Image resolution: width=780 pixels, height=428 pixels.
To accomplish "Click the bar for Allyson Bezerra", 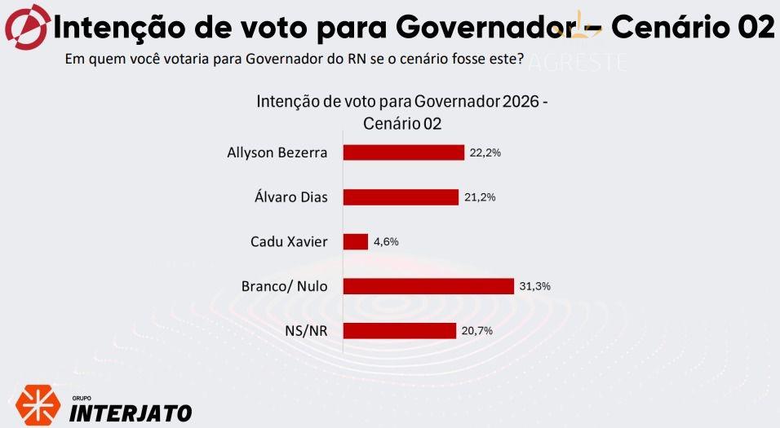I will coord(403,152).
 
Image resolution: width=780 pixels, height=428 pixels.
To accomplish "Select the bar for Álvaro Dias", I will coord(401,197).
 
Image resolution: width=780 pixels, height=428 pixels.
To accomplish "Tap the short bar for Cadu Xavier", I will coord(356,241).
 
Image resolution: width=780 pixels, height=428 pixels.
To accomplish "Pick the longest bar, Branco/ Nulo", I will coord(428,286).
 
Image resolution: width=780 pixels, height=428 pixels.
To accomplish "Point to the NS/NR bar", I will coord(399,330).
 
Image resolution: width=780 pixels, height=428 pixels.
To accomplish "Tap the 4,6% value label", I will coord(386,242).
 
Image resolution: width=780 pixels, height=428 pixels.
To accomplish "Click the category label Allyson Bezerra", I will coord(278,152).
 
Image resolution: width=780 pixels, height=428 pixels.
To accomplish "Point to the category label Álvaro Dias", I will coord(291,197).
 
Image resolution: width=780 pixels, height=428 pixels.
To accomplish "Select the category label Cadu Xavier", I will coord(290,241).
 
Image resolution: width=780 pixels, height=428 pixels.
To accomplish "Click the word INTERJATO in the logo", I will coord(131,413).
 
